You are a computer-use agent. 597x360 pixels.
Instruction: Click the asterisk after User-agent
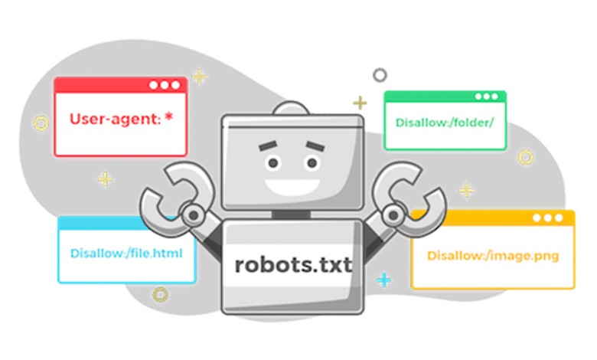click(169, 117)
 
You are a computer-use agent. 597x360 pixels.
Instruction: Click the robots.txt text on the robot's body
click(293, 264)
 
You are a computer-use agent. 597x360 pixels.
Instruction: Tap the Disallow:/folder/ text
click(445, 123)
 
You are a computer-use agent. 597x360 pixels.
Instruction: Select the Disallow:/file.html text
click(126, 254)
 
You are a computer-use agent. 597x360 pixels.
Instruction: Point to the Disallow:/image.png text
click(493, 256)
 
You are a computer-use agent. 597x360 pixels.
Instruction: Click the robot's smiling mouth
click(292, 187)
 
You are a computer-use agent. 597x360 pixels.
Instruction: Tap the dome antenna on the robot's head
click(291, 108)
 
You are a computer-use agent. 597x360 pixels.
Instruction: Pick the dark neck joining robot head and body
click(291, 214)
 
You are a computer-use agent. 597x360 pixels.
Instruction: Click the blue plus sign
click(383, 280)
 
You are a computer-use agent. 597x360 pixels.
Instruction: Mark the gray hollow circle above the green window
click(380, 75)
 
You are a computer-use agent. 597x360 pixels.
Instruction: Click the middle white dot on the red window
click(165, 85)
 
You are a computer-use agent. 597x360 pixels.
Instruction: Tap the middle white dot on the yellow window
click(547, 218)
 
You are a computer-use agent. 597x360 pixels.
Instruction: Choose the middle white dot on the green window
click(486, 97)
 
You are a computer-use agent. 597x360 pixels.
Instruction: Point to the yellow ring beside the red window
click(41, 123)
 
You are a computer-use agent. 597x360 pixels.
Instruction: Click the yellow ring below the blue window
click(160, 294)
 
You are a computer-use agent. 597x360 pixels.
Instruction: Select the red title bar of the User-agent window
click(120, 85)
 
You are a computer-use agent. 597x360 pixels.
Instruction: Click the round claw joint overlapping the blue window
click(194, 215)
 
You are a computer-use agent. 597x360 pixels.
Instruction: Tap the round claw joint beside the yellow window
click(393, 215)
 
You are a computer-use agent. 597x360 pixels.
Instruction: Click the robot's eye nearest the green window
click(312, 163)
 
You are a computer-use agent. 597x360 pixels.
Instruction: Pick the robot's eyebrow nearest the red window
click(268, 145)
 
